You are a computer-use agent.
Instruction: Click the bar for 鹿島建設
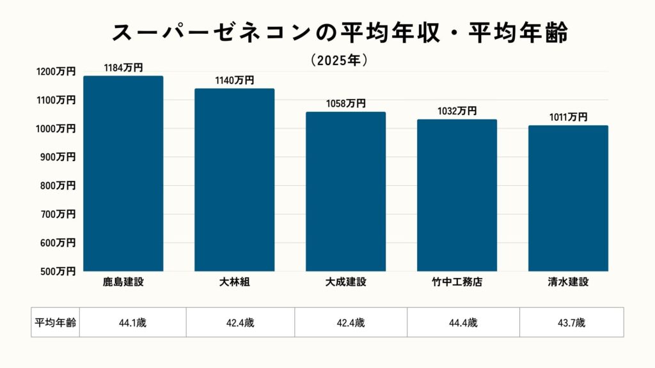coord(123,174)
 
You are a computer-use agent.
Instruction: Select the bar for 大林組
coord(234,180)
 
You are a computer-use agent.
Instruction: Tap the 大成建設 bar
coord(345,192)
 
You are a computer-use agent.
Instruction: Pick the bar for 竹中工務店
coord(457,195)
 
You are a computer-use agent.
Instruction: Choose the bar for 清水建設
coord(568,199)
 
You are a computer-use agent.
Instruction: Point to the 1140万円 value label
coord(234,80)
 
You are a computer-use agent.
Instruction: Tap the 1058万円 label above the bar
coord(345,103)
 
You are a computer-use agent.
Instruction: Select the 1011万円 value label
coord(568,117)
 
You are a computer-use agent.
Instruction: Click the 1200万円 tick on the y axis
coord(56,72)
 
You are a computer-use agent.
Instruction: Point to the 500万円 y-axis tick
coord(58,272)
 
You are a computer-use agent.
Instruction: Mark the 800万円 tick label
coord(58,186)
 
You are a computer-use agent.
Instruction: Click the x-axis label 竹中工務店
coord(457,282)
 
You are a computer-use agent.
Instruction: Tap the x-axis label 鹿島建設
coord(123,282)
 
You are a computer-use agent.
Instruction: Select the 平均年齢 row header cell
coord(55,323)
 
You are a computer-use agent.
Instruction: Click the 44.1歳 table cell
coord(132,323)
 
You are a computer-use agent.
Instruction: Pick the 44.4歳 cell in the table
coord(464,323)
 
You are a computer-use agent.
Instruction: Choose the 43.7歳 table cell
coord(571,323)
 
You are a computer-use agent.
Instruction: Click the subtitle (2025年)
coord(339,60)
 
